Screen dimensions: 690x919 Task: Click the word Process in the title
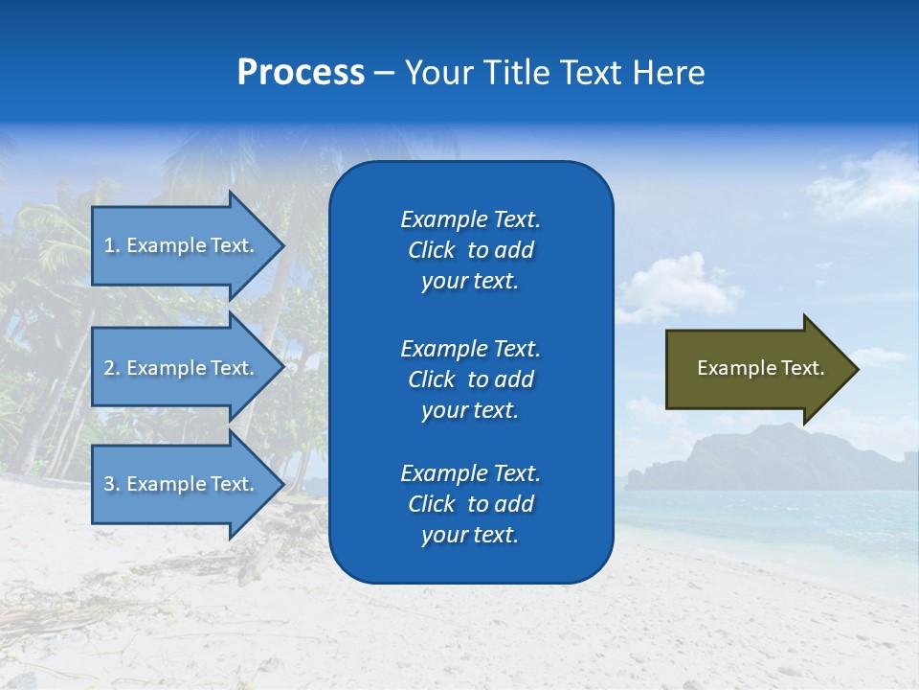click(301, 73)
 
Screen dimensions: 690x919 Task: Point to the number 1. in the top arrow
click(112, 245)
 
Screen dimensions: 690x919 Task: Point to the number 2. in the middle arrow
click(112, 368)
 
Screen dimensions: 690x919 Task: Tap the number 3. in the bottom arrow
click(112, 484)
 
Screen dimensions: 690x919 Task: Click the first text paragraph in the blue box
click(470, 250)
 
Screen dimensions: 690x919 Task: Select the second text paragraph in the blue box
click(470, 379)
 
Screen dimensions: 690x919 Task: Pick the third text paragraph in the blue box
click(470, 504)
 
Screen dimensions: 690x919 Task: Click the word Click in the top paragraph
click(431, 251)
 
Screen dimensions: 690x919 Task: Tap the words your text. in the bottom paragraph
click(470, 536)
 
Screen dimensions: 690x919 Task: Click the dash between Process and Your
click(384, 74)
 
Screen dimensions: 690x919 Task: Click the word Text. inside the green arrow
click(802, 368)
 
